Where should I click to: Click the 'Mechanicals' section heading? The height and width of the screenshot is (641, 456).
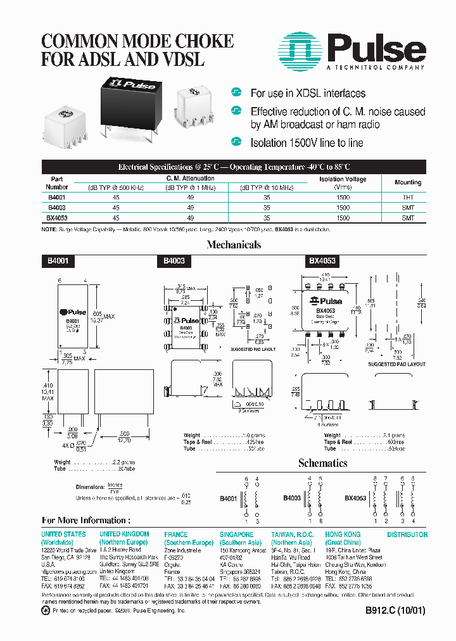(x=234, y=245)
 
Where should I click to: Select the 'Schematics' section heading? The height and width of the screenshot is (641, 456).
(x=322, y=463)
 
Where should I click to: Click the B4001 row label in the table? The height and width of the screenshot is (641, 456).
(x=56, y=198)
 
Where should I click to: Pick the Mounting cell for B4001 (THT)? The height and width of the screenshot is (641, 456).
(x=408, y=198)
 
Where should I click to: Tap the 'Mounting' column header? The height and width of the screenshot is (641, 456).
(x=408, y=182)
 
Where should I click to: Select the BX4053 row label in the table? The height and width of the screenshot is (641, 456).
(x=57, y=217)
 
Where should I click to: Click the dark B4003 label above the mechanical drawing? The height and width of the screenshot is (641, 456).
(x=174, y=260)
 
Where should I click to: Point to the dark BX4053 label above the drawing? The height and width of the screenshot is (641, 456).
(x=322, y=260)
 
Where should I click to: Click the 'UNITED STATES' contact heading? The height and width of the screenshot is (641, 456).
(x=64, y=535)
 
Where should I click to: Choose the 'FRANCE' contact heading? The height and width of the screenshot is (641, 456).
(x=176, y=535)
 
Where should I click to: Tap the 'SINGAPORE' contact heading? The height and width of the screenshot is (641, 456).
(x=237, y=535)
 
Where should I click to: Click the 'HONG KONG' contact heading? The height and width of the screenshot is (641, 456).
(x=343, y=535)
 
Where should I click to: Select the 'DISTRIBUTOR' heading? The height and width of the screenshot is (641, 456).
(x=407, y=535)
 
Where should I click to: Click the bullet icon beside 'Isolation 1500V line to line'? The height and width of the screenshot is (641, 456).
(x=237, y=142)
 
